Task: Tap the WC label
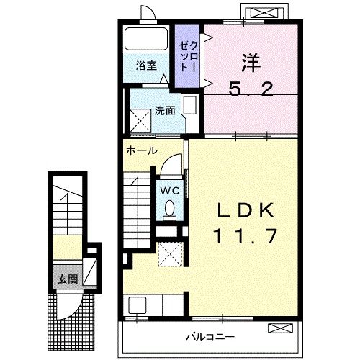[x=169, y=191]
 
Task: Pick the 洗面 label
[x=164, y=111]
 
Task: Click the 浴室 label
[x=146, y=66]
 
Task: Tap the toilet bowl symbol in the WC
[x=170, y=209]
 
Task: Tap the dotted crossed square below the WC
[x=170, y=253]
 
